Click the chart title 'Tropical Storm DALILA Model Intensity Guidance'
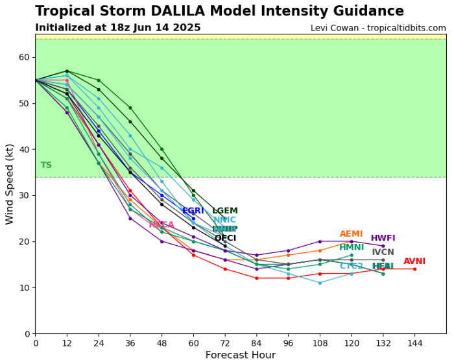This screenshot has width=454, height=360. click(219, 12)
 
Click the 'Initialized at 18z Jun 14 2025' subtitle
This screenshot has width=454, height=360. click(118, 28)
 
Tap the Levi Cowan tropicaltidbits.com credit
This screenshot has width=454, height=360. click(378, 28)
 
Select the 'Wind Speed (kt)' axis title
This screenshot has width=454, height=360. click(10, 184)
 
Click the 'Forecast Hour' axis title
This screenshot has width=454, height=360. click(241, 355)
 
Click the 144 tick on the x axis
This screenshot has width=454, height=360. click(415, 342)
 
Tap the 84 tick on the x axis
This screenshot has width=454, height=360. click(257, 342)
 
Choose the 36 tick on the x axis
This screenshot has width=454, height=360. click(130, 342)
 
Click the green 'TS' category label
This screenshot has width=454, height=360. click(46, 165)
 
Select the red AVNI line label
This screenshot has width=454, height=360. click(414, 261)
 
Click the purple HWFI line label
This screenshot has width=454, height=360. click(383, 238)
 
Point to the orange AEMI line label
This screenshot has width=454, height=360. click(352, 234)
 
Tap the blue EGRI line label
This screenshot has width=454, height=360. click(193, 211)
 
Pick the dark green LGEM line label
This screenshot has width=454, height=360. click(225, 211)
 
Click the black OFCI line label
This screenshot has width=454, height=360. click(225, 238)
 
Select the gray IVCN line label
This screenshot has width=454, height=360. click(383, 252)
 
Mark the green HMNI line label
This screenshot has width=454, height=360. click(352, 247)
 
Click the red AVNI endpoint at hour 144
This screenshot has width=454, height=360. click(415, 269)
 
